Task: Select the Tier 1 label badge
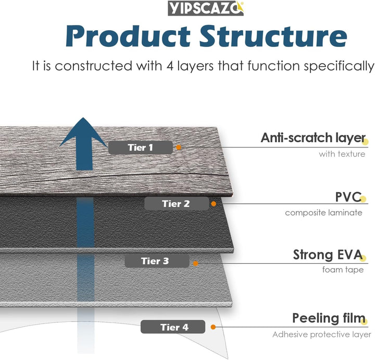click(x=140, y=147)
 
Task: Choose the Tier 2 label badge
click(x=176, y=204)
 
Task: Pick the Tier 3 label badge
click(x=155, y=261)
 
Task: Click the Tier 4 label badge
click(x=174, y=327)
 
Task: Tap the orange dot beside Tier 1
click(x=179, y=147)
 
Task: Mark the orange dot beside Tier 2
click(x=214, y=204)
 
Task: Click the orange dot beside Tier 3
click(x=196, y=263)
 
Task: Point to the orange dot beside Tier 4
click(x=213, y=327)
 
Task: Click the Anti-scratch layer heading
click(x=312, y=138)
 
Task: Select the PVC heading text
click(x=348, y=197)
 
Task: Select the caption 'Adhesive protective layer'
click(x=321, y=334)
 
